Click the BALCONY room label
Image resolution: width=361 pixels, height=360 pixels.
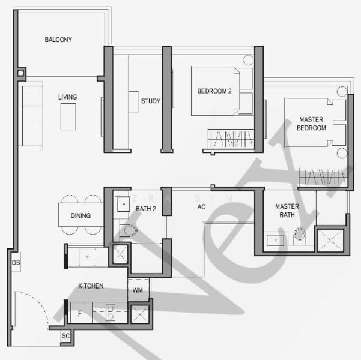pyautogui.click(x=58, y=40)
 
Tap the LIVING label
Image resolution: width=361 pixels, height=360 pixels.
pyautogui.click(x=67, y=97)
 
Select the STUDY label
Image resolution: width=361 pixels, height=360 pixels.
pyautogui.click(x=150, y=101)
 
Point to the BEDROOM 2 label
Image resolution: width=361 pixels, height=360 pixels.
pyautogui.click(x=214, y=91)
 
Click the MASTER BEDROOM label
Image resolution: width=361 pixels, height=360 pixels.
pyautogui.click(x=311, y=124)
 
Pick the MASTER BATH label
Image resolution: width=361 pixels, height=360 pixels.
pyautogui.click(x=287, y=211)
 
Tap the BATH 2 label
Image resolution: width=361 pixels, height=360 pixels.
pyautogui.click(x=146, y=209)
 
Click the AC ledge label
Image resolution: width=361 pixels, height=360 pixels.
pyautogui.click(x=202, y=208)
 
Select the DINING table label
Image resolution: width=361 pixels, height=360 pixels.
pyautogui.click(x=80, y=216)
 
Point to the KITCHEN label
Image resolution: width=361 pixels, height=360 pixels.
pyautogui.click(x=91, y=286)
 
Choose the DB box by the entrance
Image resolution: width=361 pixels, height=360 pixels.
pyautogui.click(x=14, y=262)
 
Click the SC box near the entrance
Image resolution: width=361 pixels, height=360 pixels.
pyautogui.click(x=65, y=337)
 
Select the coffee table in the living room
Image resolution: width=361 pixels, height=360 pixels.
pyautogui.click(x=68, y=116)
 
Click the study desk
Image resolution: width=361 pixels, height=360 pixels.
pyautogui.click(x=133, y=101)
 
